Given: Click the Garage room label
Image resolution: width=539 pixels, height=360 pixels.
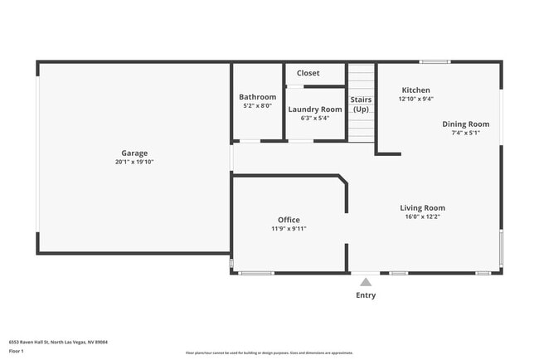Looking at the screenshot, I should (134, 153).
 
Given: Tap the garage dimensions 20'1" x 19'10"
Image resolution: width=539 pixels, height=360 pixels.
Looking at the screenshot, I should (134, 162).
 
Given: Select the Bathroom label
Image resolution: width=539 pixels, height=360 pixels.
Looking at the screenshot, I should (257, 97).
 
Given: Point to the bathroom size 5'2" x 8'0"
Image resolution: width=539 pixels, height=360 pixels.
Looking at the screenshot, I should (257, 106).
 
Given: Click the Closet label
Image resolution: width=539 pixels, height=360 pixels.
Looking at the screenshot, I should (308, 73).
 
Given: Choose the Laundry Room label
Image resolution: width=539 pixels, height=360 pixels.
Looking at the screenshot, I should (314, 109).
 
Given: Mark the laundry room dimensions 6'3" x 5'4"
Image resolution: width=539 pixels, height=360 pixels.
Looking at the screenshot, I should (314, 118).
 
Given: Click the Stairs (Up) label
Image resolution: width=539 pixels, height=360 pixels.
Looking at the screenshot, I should (361, 105).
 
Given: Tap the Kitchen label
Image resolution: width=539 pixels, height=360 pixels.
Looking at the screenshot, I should (415, 90).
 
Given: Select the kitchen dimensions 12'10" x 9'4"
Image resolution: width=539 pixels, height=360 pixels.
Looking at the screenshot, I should (415, 99).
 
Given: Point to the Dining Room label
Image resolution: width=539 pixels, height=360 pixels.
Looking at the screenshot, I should (465, 124).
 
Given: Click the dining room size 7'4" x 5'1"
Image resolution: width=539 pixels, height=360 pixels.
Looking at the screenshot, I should (465, 133).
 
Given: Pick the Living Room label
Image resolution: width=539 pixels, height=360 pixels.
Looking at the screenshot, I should (422, 208).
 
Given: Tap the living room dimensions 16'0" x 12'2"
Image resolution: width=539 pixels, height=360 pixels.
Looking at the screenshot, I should (422, 217).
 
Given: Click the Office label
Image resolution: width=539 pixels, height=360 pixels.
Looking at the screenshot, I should (289, 220).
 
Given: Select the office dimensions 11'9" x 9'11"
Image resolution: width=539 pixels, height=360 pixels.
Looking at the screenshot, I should (289, 229).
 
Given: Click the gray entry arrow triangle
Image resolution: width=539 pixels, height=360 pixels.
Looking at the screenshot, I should (366, 282).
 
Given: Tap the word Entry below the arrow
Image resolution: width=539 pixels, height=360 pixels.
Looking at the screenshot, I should (366, 295).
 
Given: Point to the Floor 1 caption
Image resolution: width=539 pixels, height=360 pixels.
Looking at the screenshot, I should (17, 351).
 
